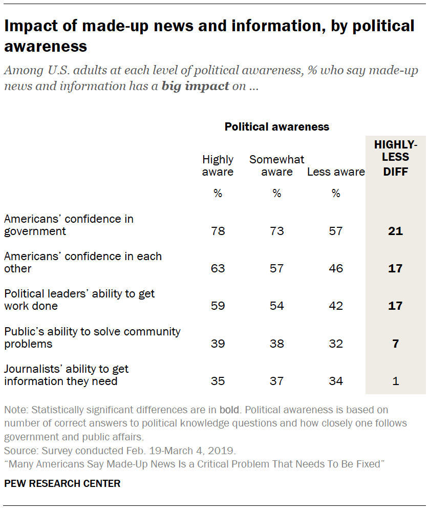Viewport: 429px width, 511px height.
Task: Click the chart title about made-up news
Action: (x=209, y=36)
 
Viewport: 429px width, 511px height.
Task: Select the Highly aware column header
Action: (x=218, y=166)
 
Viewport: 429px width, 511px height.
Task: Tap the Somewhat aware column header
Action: (x=276, y=166)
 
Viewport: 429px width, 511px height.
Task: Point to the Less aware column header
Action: (x=336, y=172)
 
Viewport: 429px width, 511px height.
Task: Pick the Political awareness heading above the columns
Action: (x=276, y=126)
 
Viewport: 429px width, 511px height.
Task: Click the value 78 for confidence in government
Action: (x=218, y=231)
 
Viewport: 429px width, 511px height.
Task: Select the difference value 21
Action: (x=395, y=231)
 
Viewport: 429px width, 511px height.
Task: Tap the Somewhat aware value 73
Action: (x=276, y=231)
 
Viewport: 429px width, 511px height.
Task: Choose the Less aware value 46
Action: (x=336, y=268)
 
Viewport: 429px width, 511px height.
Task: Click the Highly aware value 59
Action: (x=218, y=306)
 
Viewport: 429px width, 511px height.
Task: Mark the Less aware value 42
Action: (x=336, y=306)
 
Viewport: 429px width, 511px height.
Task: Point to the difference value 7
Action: (x=395, y=344)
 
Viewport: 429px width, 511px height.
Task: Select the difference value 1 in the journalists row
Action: (x=395, y=381)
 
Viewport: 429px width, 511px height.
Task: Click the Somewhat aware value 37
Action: (x=276, y=381)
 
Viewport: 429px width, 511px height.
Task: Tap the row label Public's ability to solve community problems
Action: (x=92, y=337)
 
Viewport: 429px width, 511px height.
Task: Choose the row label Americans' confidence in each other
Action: (x=83, y=262)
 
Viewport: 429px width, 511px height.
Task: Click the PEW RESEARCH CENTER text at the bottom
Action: (x=62, y=483)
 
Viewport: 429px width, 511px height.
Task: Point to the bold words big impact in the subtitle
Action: (x=195, y=86)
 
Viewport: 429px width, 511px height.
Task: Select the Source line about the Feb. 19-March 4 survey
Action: (x=120, y=451)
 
